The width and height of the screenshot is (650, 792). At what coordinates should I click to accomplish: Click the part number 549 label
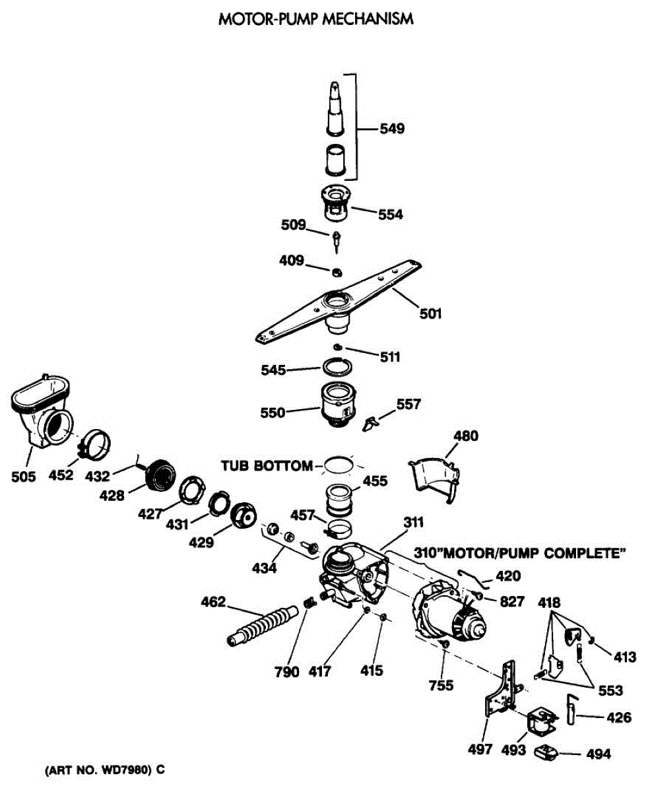click(391, 129)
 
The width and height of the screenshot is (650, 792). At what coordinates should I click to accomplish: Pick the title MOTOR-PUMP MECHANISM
click(316, 19)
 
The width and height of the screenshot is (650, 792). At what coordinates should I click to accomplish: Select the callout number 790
click(288, 672)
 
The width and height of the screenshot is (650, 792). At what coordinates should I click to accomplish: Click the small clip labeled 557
click(372, 420)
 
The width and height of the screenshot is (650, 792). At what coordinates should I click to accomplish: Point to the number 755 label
click(441, 685)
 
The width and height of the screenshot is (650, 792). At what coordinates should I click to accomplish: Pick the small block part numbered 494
click(548, 752)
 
